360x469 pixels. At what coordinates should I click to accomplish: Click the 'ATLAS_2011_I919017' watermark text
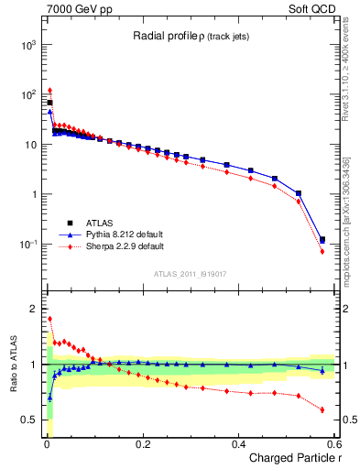click(x=191, y=273)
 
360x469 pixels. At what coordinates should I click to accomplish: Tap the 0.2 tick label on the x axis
click(x=142, y=444)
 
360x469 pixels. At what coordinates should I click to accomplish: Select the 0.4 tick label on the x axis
click(x=238, y=444)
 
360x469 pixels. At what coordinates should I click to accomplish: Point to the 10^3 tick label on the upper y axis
click(x=28, y=44)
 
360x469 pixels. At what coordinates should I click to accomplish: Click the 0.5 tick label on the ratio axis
click(x=29, y=420)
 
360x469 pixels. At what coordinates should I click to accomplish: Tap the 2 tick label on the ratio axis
click(x=34, y=309)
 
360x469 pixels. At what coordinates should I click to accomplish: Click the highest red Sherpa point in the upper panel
click(x=49, y=91)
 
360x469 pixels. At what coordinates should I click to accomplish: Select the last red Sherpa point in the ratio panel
click(x=322, y=409)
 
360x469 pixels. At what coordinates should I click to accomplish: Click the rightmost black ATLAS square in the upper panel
click(x=322, y=240)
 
